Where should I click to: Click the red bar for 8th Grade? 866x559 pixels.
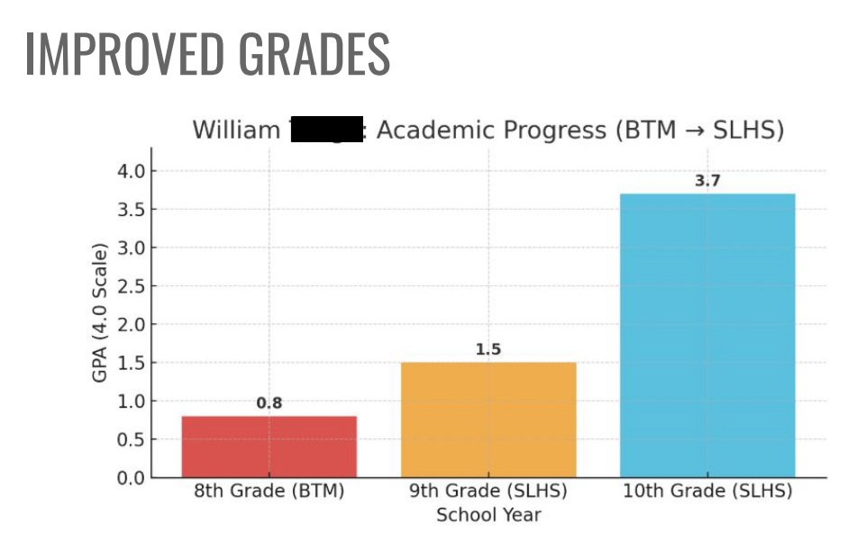[x=269, y=446]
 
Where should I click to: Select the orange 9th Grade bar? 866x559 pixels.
[x=488, y=419]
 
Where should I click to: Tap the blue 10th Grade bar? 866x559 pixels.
[x=707, y=335]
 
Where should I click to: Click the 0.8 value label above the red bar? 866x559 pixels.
[x=269, y=403]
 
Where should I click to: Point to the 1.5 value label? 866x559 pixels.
[x=488, y=349]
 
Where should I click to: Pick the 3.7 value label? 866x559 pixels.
[x=707, y=181]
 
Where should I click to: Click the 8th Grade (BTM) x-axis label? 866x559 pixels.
[x=269, y=492]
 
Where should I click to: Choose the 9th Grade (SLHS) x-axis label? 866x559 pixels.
[x=488, y=492]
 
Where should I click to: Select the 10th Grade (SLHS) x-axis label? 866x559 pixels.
[x=707, y=492]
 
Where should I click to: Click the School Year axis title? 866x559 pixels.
[x=488, y=516]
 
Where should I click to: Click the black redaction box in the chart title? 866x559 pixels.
[x=324, y=131]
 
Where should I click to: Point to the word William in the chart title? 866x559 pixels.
[x=236, y=131]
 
